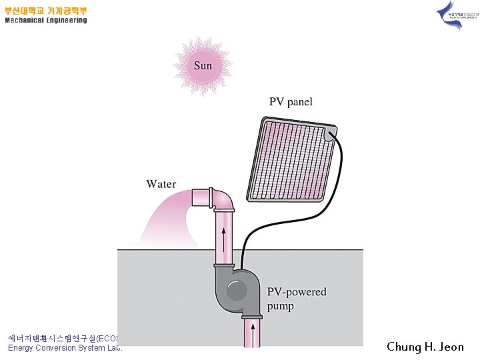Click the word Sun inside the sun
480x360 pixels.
pos(203,65)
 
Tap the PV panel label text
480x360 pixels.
pos(291,102)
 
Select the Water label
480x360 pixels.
pos(161,183)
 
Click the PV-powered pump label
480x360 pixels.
pos(297,299)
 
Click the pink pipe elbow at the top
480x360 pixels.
pos(223,199)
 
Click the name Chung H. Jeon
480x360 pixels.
pos(425,346)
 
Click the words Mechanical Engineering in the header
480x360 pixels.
pos(46,20)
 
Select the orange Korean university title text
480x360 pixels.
pos(46,11)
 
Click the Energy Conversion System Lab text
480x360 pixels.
pos(65,348)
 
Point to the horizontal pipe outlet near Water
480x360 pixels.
pos(199,197)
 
